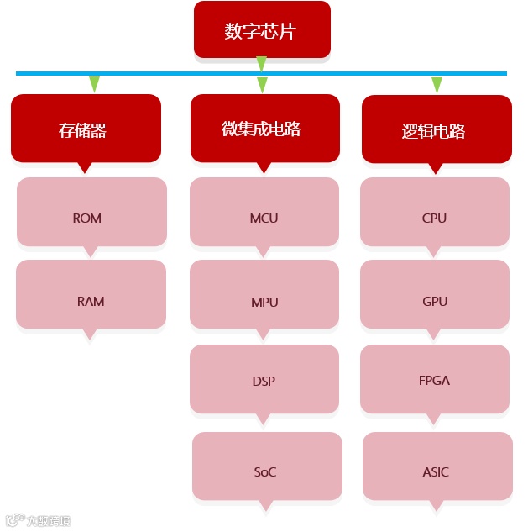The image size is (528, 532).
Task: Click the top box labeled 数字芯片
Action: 261,30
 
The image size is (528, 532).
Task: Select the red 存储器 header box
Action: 85,129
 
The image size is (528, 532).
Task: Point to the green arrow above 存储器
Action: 94,84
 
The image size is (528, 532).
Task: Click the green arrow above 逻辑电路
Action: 437,85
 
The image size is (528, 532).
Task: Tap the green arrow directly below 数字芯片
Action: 261,64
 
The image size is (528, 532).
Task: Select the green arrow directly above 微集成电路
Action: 262,85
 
